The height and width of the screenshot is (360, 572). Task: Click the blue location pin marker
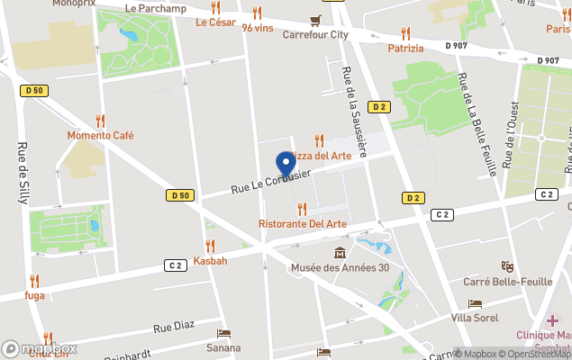286,164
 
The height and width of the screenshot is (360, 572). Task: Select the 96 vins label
258,27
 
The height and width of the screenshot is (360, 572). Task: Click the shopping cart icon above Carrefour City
315,20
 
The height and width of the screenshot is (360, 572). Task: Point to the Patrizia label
405,49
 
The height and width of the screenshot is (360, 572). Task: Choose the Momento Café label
100,135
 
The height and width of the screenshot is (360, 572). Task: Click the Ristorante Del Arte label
302,223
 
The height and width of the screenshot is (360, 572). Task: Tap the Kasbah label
210,260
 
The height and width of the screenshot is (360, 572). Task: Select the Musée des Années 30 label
340,267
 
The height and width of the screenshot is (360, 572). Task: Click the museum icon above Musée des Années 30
340,252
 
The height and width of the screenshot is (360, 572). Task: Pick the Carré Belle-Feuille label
507,282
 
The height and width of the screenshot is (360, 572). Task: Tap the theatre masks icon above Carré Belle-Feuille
507,266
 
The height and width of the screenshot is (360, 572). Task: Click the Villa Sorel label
476,319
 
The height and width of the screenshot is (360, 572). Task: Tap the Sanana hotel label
223,347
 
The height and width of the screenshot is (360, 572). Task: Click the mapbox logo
41,348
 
